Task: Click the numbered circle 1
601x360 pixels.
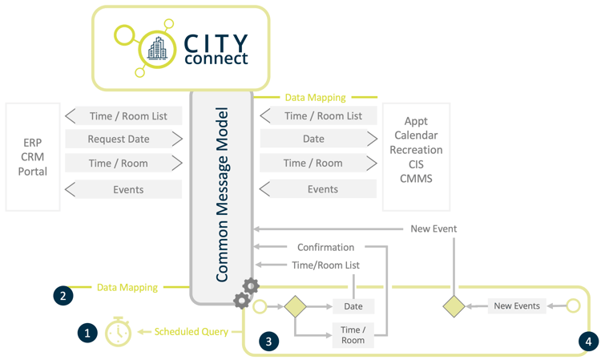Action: click(87, 332)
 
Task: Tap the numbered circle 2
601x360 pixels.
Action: click(63, 295)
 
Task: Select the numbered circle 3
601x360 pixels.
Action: click(268, 341)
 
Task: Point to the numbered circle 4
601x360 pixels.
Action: click(588, 341)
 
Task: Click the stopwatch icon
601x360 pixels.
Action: click(118, 332)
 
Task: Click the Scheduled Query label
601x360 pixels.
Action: click(191, 331)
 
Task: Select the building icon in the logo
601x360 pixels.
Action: click(156, 50)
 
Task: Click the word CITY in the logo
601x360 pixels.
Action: click(216, 42)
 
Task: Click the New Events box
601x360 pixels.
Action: click(517, 306)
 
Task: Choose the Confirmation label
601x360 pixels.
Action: click(325, 247)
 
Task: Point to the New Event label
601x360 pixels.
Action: click(434, 229)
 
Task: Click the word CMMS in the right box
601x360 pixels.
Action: click(416, 178)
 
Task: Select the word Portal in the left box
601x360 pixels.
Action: click(33, 172)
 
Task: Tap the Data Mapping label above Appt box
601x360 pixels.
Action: click(315, 97)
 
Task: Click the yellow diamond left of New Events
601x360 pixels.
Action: click(454, 306)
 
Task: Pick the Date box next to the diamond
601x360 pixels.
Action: click(353, 306)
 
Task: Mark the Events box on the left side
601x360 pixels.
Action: click(127, 190)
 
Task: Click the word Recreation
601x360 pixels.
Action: click(416, 150)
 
